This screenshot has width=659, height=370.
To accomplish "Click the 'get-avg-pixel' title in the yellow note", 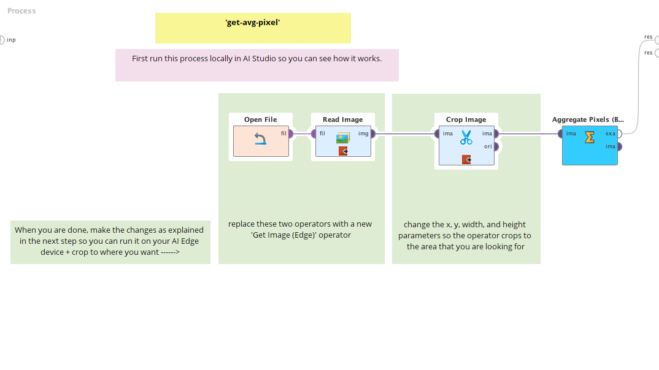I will (x=253, y=23).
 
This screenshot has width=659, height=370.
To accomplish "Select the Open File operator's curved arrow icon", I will (x=260, y=140).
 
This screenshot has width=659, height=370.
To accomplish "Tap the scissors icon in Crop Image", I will (x=466, y=137).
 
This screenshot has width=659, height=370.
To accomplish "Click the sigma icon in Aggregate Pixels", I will (x=590, y=137).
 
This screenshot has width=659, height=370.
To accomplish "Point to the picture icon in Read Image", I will (x=342, y=138).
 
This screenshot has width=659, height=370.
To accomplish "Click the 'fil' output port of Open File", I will (x=290, y=134).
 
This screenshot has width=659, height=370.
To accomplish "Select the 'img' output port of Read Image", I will (x=372, y=134).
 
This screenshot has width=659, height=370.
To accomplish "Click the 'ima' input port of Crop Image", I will (x=437, y=134).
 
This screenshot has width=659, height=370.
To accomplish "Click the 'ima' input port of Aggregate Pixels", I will (x=560, y=134).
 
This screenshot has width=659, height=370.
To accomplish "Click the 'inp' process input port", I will (x=2, y=40).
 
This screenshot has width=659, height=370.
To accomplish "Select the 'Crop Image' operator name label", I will (x=466, y=119).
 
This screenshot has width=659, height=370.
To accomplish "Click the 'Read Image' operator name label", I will (x=342, y=119).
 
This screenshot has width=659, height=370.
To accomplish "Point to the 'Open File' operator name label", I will (x=260, y=119).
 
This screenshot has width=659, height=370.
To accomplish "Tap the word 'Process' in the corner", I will (x=21, y=10).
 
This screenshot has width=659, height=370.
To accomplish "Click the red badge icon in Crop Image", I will (x=467, y=159).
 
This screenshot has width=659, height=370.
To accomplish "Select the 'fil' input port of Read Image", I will (x=314, y=134).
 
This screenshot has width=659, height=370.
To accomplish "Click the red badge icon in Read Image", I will (x=343, y=151).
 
